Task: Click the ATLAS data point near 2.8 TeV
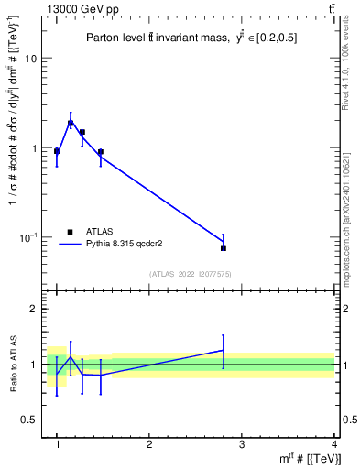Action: [x=224, y=248]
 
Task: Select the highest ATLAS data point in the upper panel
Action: [x=71, y=123]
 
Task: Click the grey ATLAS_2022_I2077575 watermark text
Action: [x=191, y=274]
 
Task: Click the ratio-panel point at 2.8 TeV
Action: [x=224, y=350]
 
